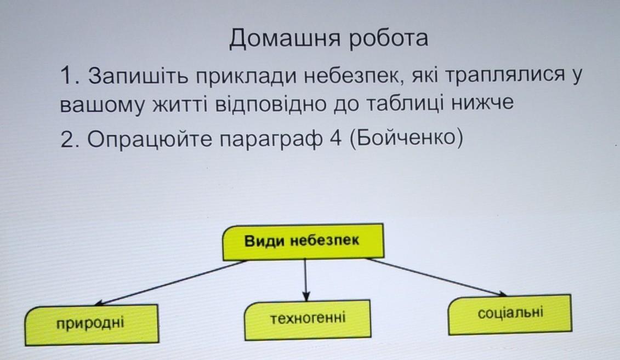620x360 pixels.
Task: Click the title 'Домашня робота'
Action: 328,38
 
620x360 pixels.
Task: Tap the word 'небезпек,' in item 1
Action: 354,76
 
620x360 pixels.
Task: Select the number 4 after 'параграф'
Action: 335,138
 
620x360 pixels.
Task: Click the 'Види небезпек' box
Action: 303,242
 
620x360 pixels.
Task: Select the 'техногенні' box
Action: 308,319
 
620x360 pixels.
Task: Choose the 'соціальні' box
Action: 510,314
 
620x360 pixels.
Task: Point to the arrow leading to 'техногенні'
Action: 305,280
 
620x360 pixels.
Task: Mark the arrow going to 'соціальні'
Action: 436,277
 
